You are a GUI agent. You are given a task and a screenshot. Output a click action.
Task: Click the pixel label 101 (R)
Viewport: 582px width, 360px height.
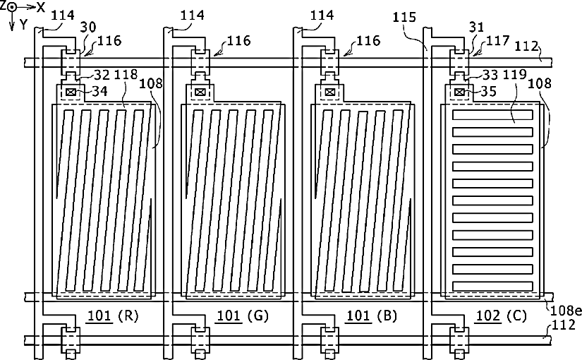[112, 316]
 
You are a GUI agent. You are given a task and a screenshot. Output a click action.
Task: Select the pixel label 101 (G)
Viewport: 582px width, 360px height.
[242, 316]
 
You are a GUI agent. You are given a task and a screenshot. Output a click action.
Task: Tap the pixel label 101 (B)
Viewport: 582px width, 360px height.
[372, 316]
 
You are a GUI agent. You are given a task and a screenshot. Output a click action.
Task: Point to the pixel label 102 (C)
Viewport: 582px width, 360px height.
[502, 316]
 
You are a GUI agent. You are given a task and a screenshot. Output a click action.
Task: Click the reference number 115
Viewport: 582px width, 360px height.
[404, 17]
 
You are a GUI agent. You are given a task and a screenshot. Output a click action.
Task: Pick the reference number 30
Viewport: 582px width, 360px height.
[88, 27]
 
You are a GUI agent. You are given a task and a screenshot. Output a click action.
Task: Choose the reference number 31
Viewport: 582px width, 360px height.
[477, 27]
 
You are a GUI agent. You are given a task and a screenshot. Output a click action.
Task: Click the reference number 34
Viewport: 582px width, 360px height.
[99, 91]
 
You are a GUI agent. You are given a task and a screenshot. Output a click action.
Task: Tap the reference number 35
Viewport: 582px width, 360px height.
[488, 91]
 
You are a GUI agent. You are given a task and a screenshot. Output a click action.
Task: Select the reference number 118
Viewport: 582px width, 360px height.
[126, 75]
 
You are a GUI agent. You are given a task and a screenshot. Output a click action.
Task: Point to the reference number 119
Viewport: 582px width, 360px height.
[515, 75]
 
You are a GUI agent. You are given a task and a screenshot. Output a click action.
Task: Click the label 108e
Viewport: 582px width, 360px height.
[565, 310]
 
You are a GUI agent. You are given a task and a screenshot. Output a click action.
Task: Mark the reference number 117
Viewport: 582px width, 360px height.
[498, 40]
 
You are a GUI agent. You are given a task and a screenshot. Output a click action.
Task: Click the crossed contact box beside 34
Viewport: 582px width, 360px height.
[71, 92]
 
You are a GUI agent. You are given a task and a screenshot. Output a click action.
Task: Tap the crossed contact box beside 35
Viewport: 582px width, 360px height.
[459, 92]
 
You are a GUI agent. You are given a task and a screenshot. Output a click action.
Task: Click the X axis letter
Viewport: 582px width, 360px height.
[40, 7]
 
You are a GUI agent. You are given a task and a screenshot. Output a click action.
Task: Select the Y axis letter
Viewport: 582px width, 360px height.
[24, 25]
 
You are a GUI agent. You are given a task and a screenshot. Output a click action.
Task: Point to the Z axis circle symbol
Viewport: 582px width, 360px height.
[11, 7]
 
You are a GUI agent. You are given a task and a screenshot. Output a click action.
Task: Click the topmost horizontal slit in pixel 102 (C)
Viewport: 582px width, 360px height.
[492, 115]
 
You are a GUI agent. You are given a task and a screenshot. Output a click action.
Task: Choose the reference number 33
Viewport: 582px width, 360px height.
[490, 75]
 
